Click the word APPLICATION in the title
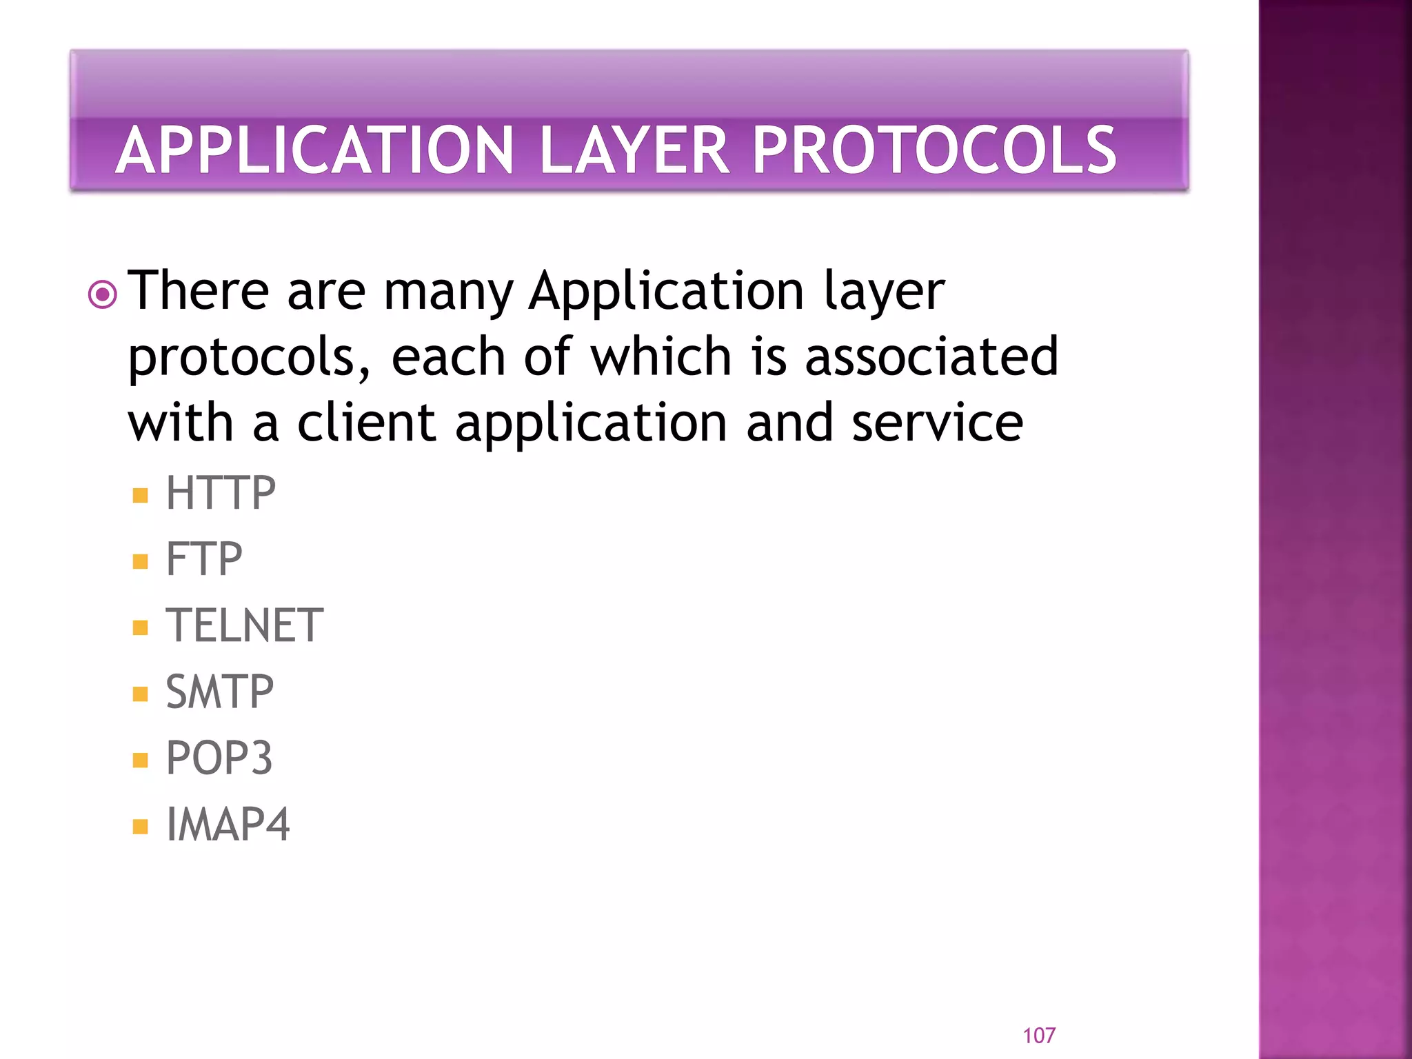(315, 150)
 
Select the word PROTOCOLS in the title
(934, 150)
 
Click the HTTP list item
(221, 494)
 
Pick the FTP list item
(204, 559)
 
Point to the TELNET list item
(245, 626)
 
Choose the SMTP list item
(220, 692)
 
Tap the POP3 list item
(219, 758)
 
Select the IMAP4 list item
(228, 825)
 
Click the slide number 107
(1039, 1035)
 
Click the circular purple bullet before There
(103, 295)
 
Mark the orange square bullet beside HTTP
(141, 496)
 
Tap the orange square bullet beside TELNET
(141, 627)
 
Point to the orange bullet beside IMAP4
(141, 826)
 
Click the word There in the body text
(199, 291)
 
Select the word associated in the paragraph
(931, 356)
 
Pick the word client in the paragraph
(366, 423)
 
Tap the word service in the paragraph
(938, 423)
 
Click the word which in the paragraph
(661, 356)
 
